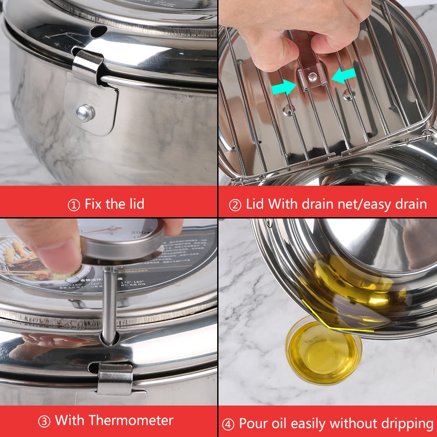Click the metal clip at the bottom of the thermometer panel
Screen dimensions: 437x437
[x=114, y=378]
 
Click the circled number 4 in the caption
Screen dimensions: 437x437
[x=228, y=424]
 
